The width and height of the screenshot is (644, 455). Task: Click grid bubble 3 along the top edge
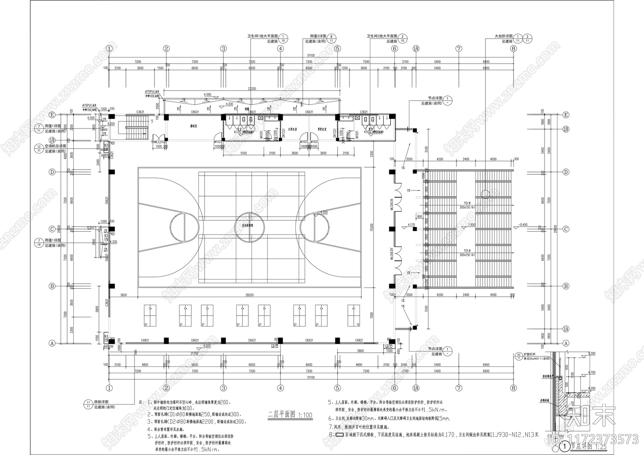coord(223,49)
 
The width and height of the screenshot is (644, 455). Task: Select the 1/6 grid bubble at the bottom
coord(416,388)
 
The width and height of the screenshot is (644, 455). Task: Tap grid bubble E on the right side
coord(566,115)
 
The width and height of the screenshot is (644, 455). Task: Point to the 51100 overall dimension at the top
coord(310,55)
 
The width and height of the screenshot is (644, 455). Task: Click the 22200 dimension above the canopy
coord(252,89)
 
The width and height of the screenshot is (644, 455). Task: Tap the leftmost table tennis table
coord(150,315)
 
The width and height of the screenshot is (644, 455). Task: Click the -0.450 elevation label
coord(523,225)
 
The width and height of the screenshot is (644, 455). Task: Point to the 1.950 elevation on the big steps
coord(472,225)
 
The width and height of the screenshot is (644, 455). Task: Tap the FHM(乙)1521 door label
coord(158,142)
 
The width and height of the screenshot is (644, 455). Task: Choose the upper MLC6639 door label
coord(392,205)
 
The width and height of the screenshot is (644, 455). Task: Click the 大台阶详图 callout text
coord(504,36)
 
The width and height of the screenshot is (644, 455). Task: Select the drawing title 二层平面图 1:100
coord(290,415)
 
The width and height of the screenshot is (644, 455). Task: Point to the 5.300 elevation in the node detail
coord(591,354)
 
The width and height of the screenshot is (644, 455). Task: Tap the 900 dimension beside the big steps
coord(419,217)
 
